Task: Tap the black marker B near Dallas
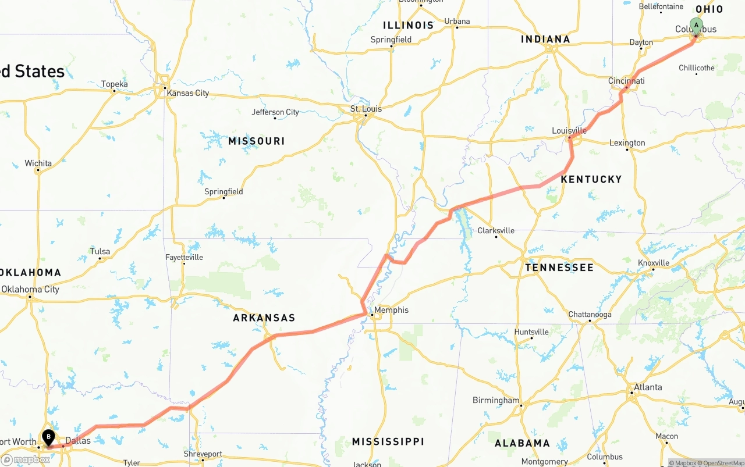point(48,437)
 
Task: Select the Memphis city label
point(391,310)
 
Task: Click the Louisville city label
point(569,131)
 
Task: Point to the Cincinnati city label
point(626,81)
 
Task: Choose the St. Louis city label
point(366,109)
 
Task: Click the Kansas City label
point(187,93)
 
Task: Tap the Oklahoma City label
point(30,289)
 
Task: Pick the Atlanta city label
point(648,387)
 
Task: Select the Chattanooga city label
point(590,315)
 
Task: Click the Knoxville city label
point(654,263)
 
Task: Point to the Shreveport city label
point(203,454)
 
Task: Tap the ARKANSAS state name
point(264,318)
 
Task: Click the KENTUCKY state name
point(591,179)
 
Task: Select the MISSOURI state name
point(257,141)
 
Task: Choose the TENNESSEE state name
point(559,268)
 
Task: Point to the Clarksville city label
point(496,230)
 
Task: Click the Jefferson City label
point(275,112)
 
